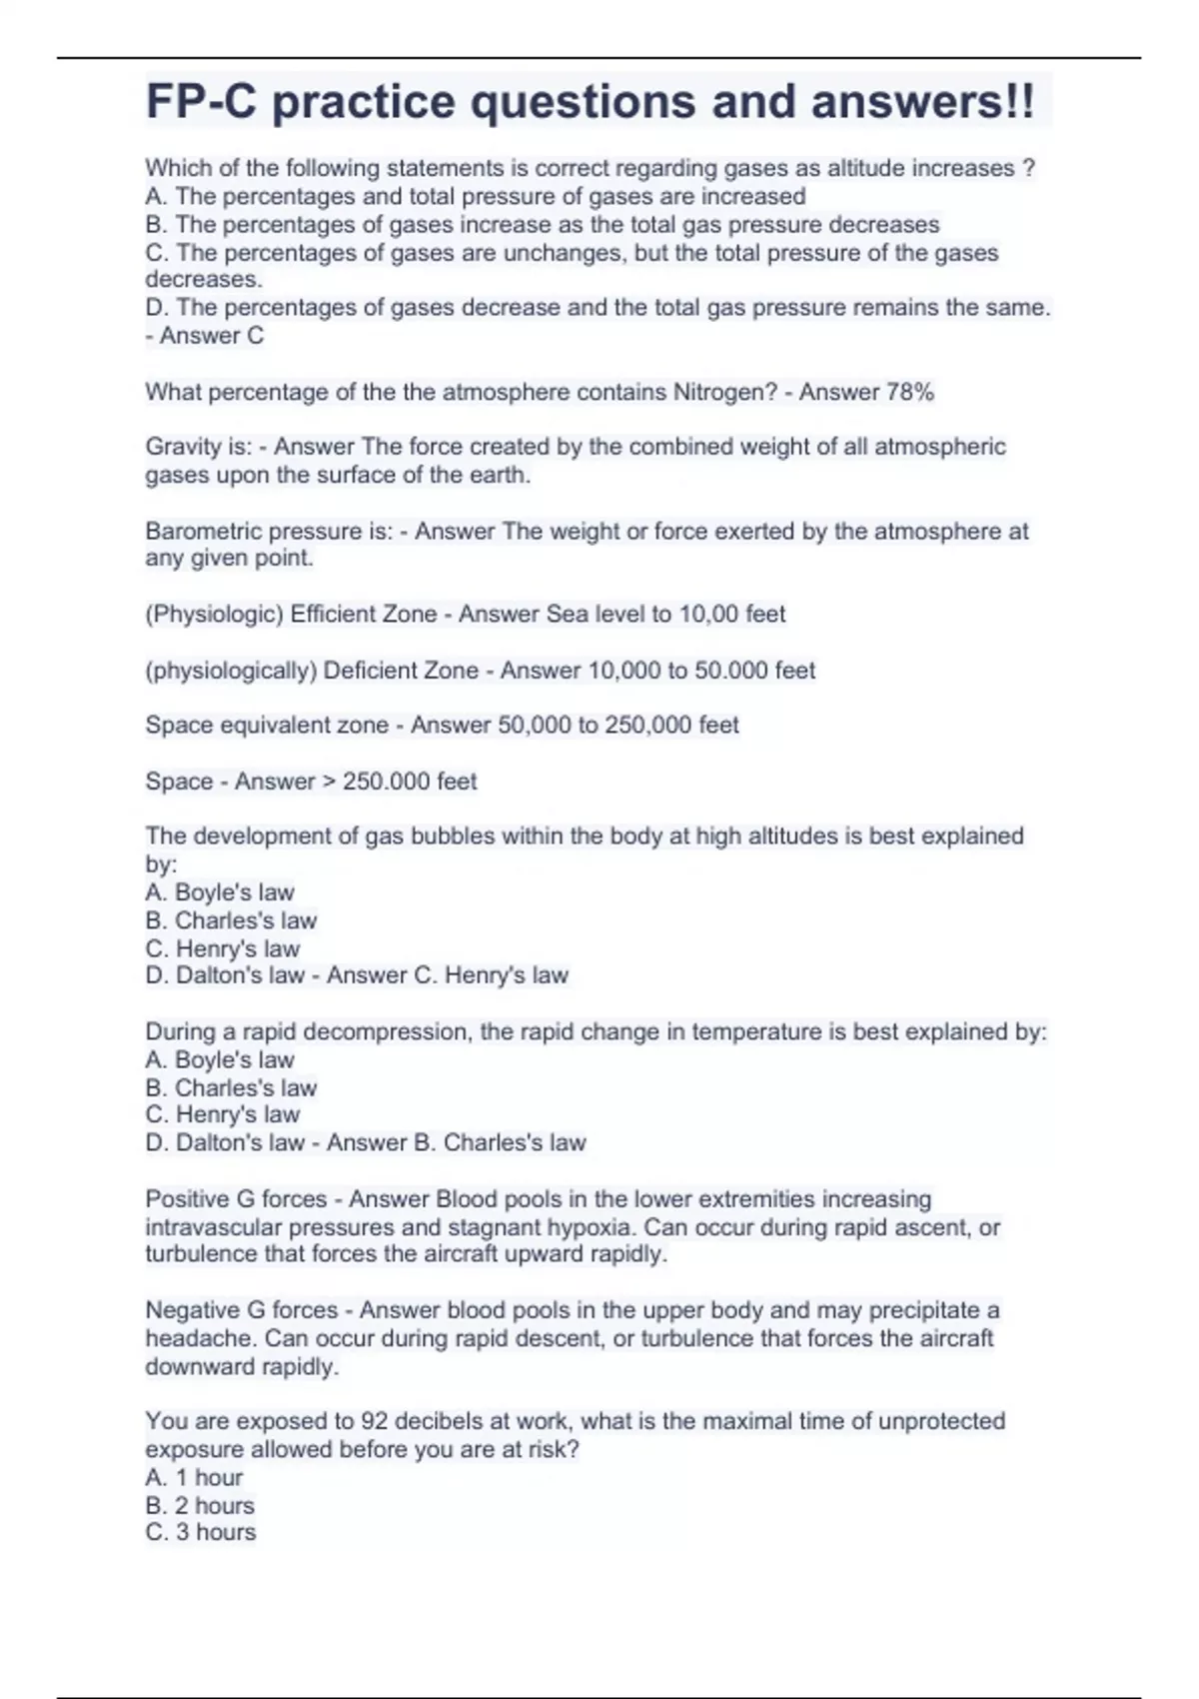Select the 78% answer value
coord(909,392)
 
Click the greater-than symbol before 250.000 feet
coord(330,782)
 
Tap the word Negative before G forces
coord(190,1310)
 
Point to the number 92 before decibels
coord(375,1421)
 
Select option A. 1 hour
coord(194,1477)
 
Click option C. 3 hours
coord(200,1532)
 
